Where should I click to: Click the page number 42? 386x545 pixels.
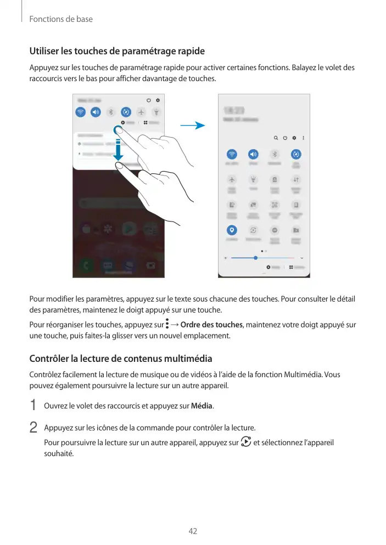[193, 531]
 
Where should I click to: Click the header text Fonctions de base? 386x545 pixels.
[61, 19]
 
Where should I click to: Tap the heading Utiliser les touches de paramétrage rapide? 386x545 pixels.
[117, 52]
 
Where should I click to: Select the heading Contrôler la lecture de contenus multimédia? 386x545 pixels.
[120, 359]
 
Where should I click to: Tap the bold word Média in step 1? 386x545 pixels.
[202, 406]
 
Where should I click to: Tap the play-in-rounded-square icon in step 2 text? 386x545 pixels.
[245, 442]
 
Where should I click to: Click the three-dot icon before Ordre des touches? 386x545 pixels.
[167, 325]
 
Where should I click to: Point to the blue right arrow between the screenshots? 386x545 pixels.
[192, 126]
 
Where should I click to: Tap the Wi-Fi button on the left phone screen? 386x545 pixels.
[81, 112]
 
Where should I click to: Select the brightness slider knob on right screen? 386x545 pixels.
[255, 257]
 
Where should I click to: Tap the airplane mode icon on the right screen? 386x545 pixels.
[232, 179]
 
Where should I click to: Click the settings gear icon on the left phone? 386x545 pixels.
[158, 100]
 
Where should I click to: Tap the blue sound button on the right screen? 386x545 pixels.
[253, 154]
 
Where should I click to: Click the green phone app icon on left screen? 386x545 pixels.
[86, 266]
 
